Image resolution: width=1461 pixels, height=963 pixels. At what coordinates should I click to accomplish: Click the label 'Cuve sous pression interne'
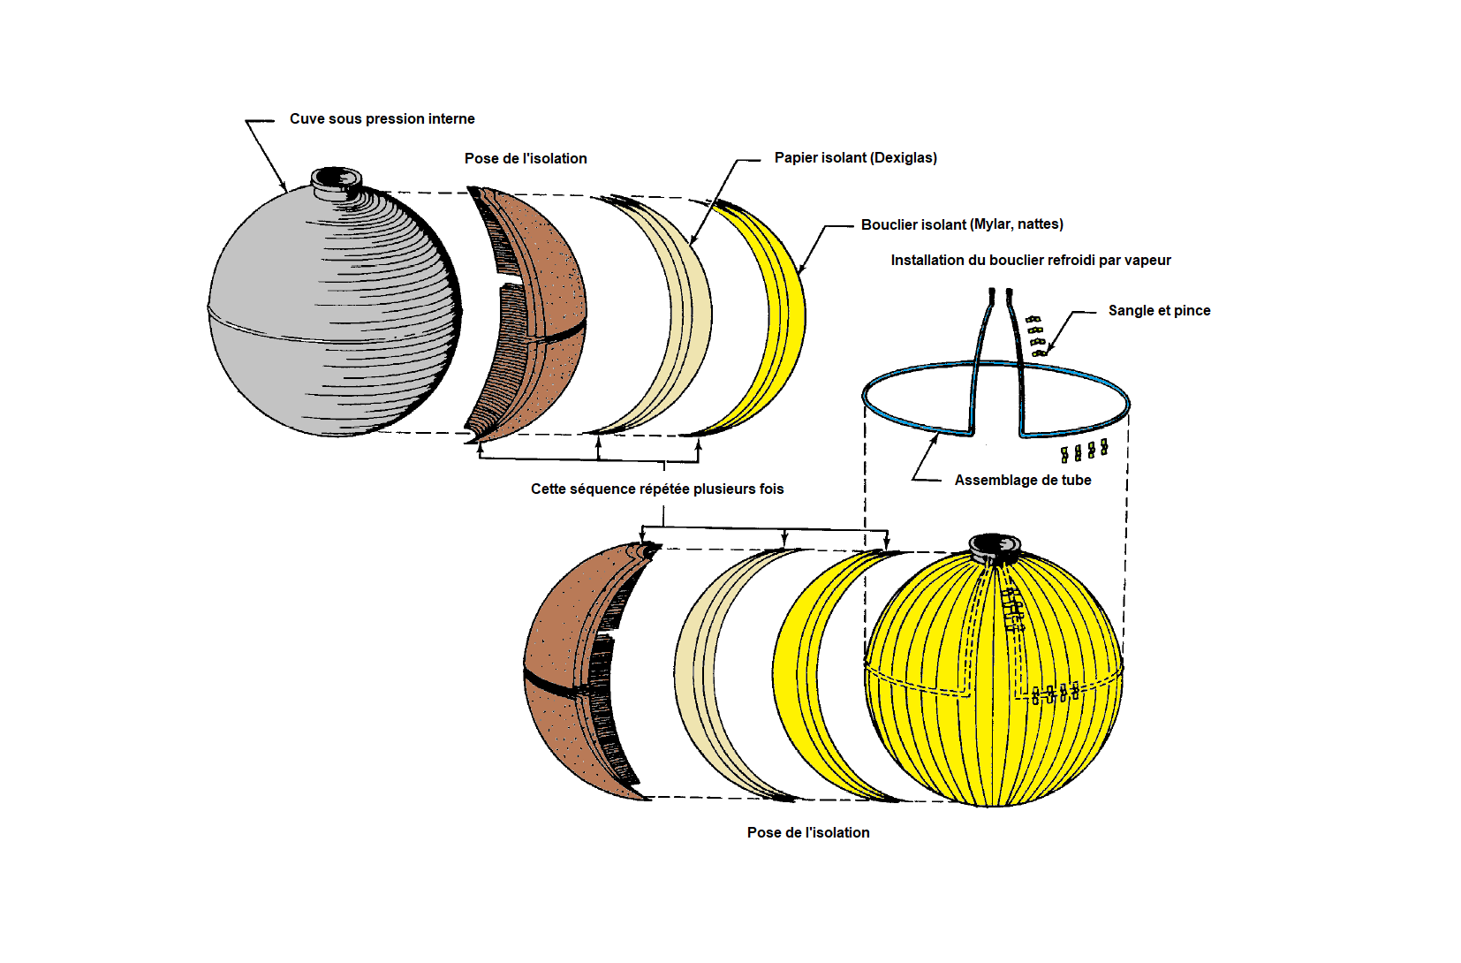(382, 118)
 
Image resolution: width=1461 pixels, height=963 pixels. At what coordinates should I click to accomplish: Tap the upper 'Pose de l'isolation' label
(526, 158)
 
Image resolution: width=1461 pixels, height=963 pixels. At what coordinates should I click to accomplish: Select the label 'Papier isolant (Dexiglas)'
(856, 158)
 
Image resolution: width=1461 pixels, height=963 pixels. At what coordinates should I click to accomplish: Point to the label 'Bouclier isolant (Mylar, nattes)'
(962, 224)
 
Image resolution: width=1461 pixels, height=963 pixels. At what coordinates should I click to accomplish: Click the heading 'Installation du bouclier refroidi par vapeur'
(1031, 261)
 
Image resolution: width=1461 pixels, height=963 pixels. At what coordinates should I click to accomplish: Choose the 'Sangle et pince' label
(1160, 311)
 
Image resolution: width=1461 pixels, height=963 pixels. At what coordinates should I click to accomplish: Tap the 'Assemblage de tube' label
(1023, 481)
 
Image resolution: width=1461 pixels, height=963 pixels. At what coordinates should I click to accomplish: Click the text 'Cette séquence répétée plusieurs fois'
(657, 489)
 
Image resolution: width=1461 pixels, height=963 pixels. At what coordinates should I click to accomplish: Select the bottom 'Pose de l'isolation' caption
(808, 832)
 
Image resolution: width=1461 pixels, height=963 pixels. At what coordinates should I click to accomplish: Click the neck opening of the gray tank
(336, 178)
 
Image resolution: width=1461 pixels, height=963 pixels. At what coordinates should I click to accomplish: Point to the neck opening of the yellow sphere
(994, 545)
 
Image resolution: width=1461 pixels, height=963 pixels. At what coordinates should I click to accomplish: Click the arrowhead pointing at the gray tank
(284, 188)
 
